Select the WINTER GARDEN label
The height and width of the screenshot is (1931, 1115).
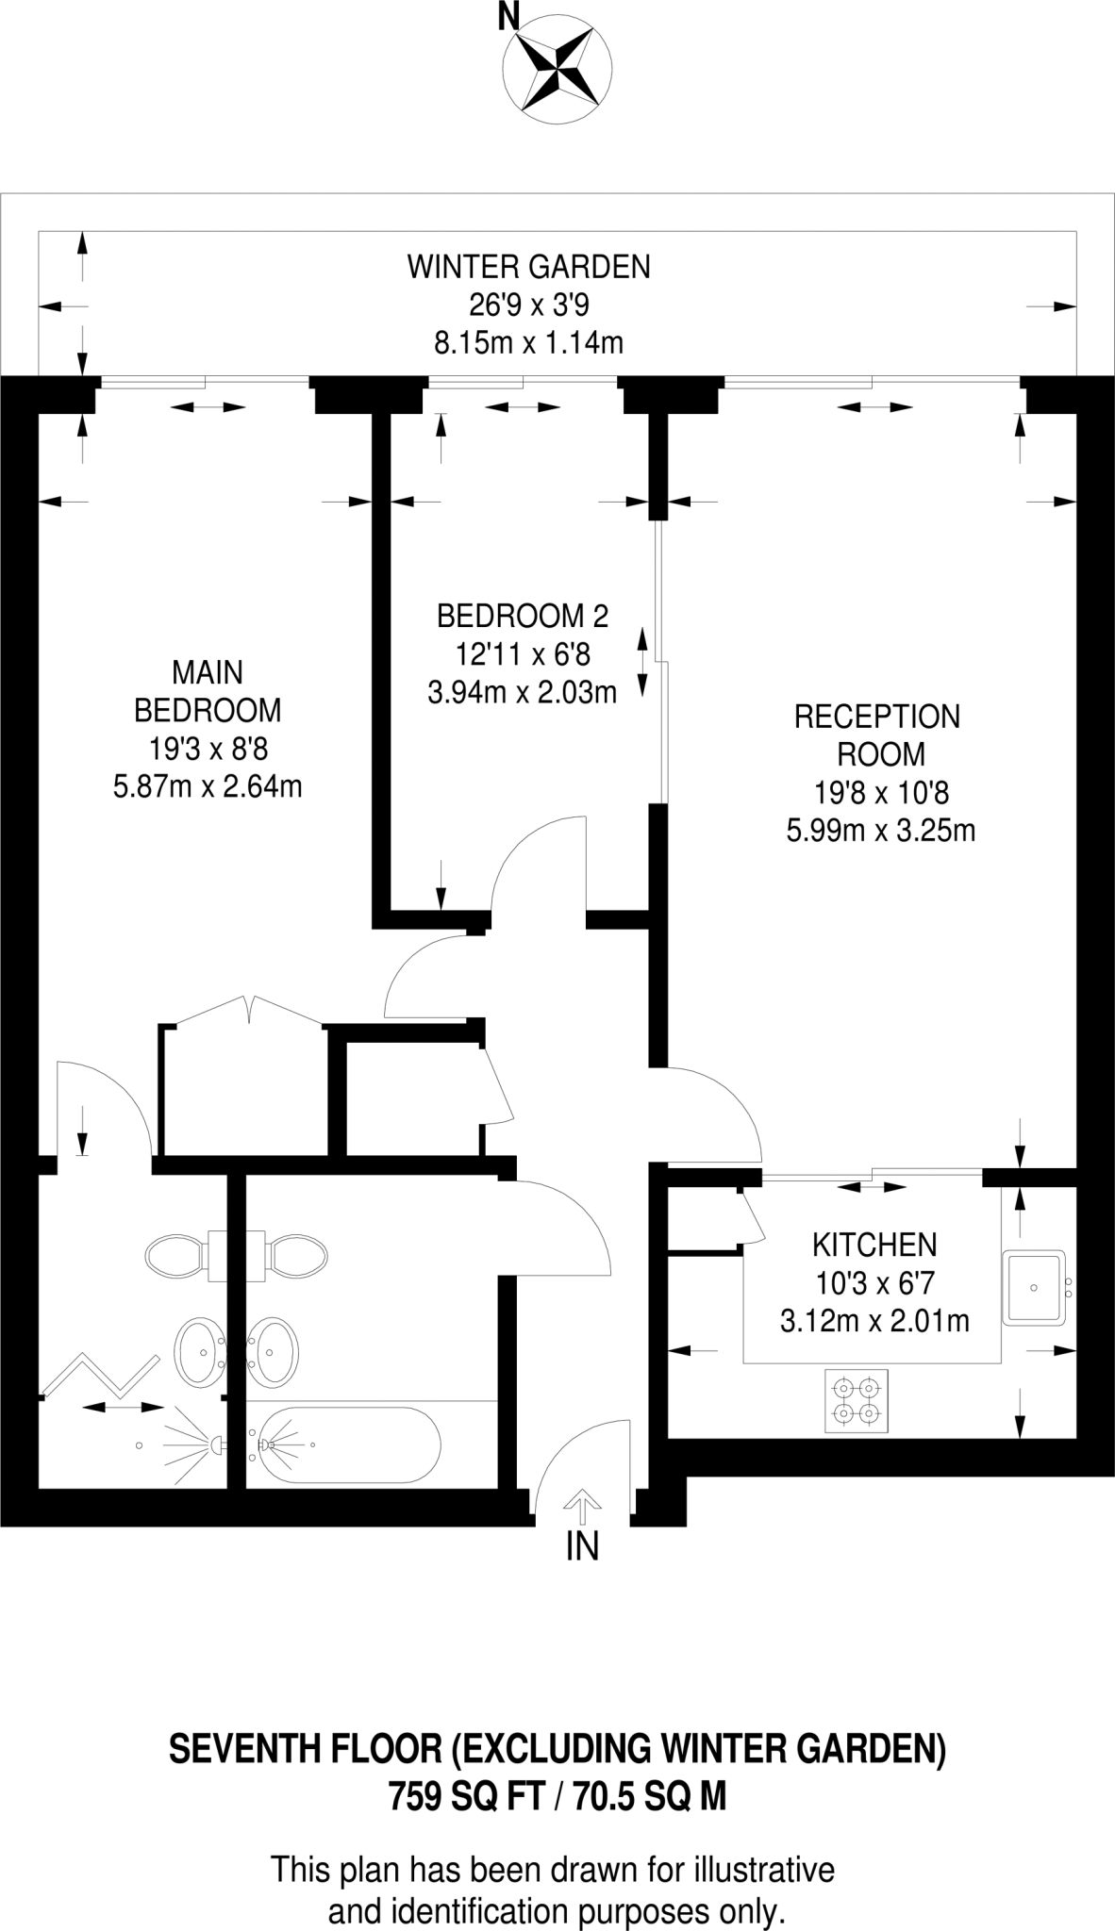pos(528,267)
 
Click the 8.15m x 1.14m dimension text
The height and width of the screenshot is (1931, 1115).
pos(528,342)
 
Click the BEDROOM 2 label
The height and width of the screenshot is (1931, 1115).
pos(522,616)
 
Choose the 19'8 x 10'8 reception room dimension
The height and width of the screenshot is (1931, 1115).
pos(876,793)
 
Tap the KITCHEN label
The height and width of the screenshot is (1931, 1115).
pos(874,1245)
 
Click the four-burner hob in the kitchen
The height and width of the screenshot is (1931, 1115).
pos(857,1401)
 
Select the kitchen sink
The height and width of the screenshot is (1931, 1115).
pos(1034,1287)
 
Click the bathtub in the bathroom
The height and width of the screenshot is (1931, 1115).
pos(346,1444)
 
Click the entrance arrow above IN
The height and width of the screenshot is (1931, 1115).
pos(582,1506)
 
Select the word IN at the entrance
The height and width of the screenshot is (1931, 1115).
pos(582,1547)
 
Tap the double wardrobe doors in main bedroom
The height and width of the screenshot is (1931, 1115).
pos(249,1012)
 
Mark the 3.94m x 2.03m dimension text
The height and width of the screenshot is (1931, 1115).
pos(522,693)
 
